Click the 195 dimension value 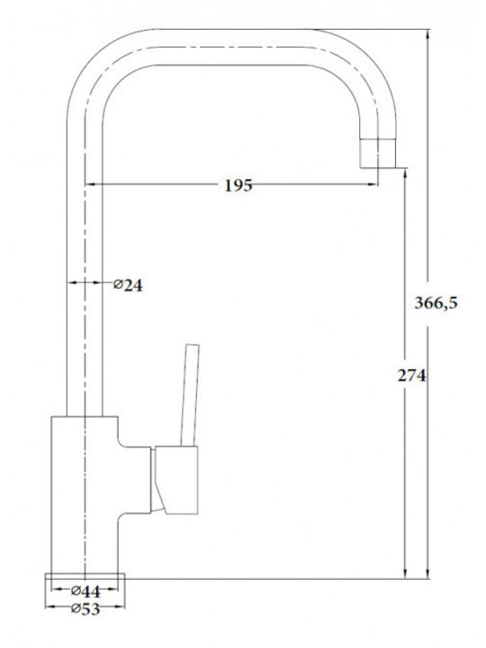(x=238, y=185)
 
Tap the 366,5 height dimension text (x=436, y=303)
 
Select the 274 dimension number (x=411, y=375)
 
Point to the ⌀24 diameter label (x=128, y=284)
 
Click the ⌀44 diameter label (x=85, y=591)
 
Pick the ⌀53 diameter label (x=85, y=608)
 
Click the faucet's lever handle (x=191, y=395)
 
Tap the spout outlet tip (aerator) (x=378, y=153)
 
